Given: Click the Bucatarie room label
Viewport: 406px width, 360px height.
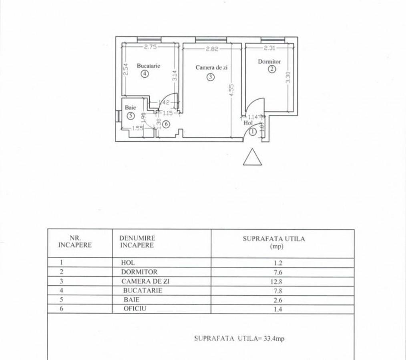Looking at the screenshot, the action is (149, 66).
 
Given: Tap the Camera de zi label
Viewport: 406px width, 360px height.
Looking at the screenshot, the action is (211, 68).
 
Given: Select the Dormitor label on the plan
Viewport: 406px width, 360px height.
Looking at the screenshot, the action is (269, 62).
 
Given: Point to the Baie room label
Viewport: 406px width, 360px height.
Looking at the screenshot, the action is (130, 107).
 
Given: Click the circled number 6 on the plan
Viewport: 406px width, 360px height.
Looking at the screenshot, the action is (166, 124).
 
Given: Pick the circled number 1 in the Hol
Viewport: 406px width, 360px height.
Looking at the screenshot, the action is (253, 132).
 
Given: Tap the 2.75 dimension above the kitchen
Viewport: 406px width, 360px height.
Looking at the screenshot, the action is (151, 47).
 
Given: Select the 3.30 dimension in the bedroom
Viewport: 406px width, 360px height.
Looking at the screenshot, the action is (288, 77).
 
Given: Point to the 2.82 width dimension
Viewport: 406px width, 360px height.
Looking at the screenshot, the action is (212, 49).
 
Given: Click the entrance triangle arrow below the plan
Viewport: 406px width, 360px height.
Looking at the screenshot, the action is (253, 157).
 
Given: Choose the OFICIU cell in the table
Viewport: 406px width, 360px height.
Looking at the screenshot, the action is (135, 308).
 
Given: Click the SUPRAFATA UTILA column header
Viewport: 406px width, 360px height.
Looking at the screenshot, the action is (274, 242).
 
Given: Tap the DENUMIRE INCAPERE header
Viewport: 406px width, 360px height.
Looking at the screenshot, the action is (137, 242).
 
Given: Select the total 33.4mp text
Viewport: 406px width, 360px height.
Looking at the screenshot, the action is (274, 338).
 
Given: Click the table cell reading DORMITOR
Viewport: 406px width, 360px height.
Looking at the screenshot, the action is (139, 272).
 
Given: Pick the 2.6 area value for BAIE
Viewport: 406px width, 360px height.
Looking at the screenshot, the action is (278, 300).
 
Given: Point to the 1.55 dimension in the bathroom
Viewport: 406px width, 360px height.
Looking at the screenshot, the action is (137, 128).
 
